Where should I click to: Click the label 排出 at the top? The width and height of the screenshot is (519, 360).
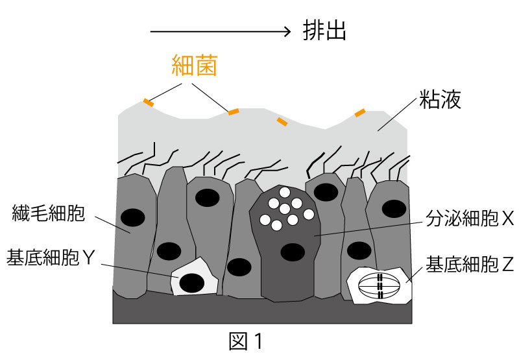[x=324, y=31]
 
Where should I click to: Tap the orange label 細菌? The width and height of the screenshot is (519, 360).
[x=194, y=66]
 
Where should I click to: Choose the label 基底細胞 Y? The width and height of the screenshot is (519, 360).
[x=52, y=258]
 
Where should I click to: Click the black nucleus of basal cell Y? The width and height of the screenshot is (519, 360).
[x=191, y=283]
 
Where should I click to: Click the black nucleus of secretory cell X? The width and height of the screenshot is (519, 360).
[x=292, y=251]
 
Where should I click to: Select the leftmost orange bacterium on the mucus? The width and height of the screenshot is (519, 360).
[x=149, y=102]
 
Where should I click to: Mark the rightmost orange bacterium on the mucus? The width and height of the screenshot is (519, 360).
[x=360, y=114]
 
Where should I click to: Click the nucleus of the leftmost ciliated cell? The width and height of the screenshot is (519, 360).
[x=132, y=218]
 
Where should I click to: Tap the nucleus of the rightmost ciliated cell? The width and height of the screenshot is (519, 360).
[x=392, y=208]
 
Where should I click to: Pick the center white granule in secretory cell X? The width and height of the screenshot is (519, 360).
[x=285, y=208]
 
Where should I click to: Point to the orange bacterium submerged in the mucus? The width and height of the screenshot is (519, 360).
[x=282, y=121]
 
